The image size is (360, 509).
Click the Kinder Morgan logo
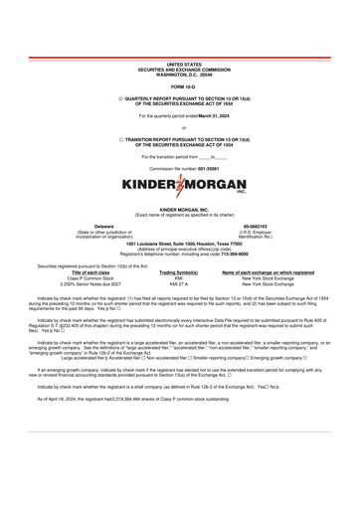click(x=179, y=185)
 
